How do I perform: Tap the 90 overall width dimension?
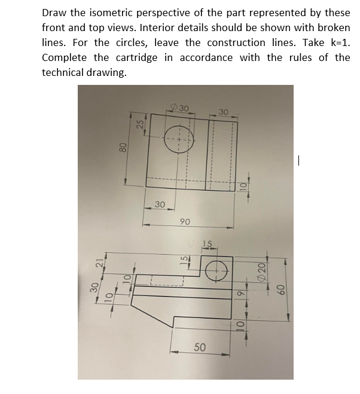185,221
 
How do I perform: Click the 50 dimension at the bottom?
200,348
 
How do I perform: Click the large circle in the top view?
180,141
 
